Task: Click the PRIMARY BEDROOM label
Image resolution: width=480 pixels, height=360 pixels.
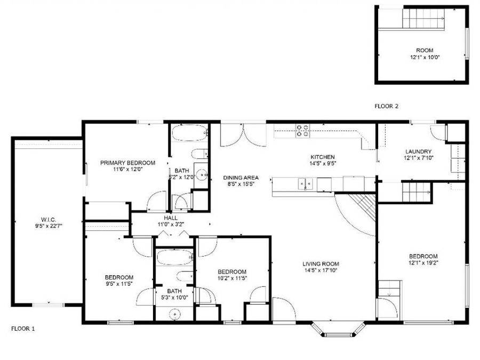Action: [x=127, y=163]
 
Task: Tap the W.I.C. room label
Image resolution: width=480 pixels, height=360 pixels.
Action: [x=52, y=219]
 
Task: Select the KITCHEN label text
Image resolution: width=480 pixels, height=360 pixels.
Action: [x=323, y=157]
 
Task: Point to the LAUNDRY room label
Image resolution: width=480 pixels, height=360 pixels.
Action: [x=418, y=151]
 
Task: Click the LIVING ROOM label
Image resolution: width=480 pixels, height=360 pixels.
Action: [x=321, y=264]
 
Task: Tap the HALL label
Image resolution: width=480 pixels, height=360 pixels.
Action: [x=171, y=218]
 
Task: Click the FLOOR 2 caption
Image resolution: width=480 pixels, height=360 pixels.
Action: [x=387, y=106]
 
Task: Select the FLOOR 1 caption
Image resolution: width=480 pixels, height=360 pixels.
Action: [x=23, y=329]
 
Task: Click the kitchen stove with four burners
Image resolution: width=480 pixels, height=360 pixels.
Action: [x=302, y=131]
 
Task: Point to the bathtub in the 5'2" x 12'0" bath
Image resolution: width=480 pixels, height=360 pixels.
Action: [x=190, y=133]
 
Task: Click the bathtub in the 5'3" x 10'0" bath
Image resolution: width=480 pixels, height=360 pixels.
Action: [x=174, y=259]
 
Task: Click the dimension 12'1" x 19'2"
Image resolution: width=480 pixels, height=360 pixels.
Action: [x=423, y=262]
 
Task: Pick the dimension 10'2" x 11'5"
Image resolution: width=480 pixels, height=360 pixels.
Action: [x=232, y=278]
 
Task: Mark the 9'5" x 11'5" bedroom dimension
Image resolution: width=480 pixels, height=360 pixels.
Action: [x=119, y=284]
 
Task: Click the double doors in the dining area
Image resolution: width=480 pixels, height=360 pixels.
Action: [x=243, y=135]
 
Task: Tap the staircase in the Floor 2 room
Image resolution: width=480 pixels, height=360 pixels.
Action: [x=423, y=20]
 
